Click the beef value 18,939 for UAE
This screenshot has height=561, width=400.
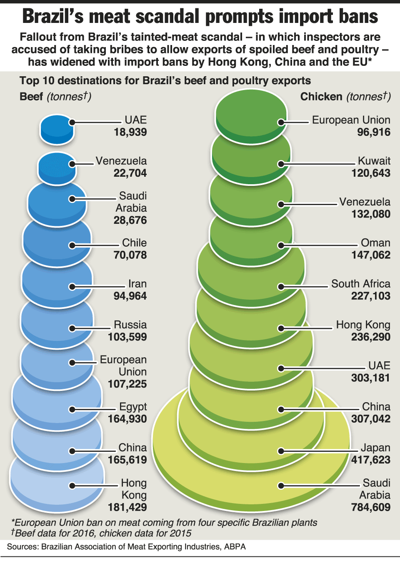click(130, 132)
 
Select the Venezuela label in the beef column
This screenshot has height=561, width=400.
click(121, 161)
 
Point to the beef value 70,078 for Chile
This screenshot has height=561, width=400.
click(130, 255)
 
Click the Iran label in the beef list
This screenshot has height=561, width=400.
click(137, 284)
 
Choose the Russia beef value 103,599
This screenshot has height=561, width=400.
click(127, 337)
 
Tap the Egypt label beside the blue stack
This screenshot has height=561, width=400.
click(133, 407)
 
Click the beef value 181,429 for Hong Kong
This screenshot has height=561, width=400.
click(127, 507)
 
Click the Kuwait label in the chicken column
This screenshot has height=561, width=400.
click(374, 161)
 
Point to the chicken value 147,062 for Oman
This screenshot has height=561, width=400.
click(370, 255)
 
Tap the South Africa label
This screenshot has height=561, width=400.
click(360, 284)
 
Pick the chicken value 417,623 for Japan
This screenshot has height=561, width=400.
click(370, 460)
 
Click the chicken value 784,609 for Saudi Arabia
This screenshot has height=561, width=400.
click(370, 507)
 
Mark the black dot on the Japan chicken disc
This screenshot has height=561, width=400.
click(281, 451)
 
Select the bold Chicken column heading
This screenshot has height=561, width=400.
click(321, 97)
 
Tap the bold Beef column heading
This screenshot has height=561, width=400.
click(31, 97)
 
